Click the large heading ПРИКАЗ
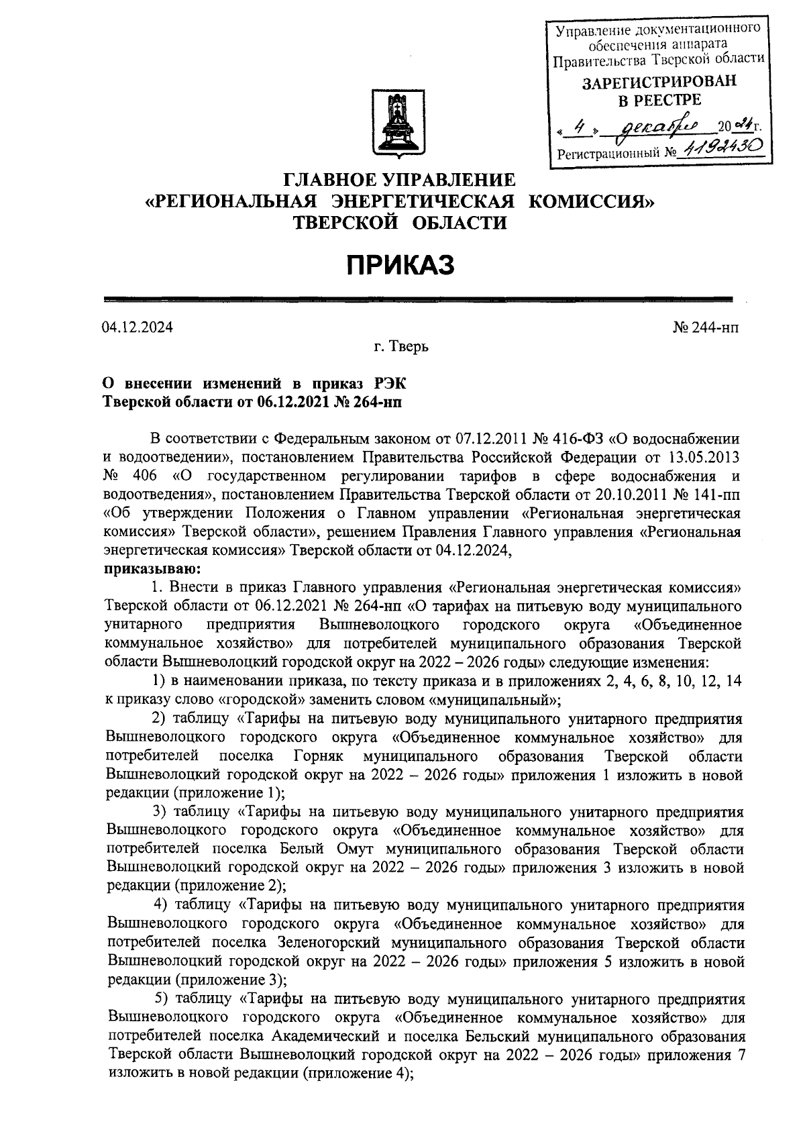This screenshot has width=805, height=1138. coord(401,266)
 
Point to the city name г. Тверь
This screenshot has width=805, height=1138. coord(401,347)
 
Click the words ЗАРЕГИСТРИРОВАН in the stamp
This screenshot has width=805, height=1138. coord(658,82)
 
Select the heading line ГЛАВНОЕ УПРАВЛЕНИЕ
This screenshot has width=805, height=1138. coord(400,180)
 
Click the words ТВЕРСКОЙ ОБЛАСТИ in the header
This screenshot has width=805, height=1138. coord(400,223)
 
